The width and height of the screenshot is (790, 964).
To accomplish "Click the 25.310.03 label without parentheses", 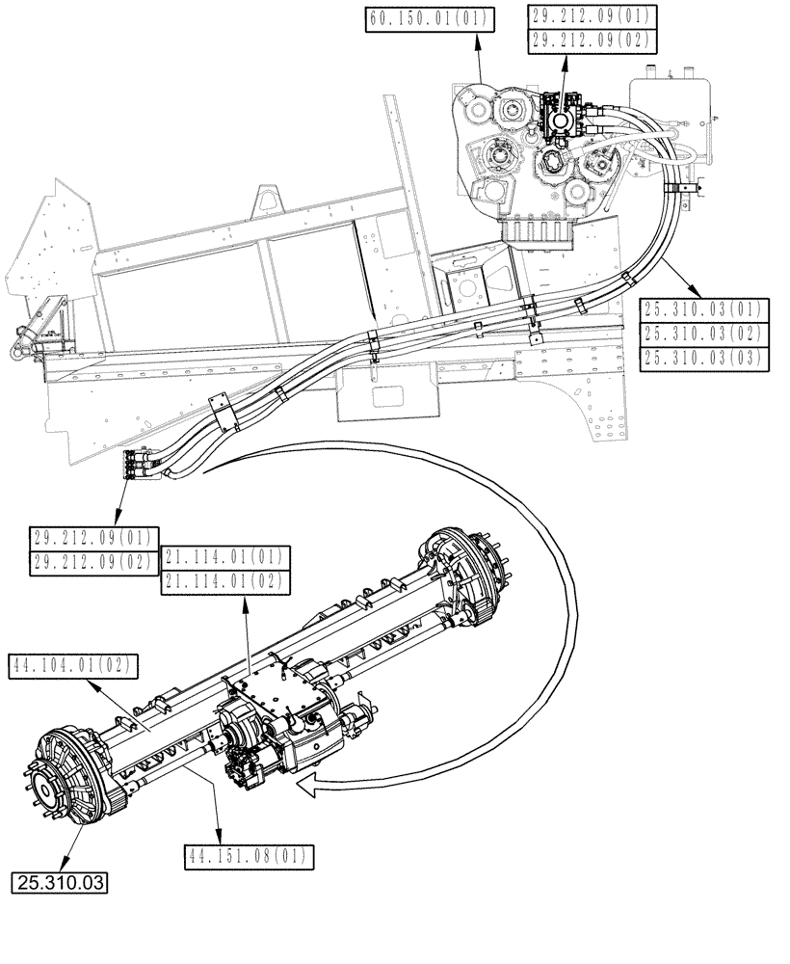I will pos(60,881).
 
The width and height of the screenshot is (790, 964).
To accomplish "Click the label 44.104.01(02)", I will pos(73,664).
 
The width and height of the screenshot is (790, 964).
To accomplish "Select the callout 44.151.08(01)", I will pos(249,854).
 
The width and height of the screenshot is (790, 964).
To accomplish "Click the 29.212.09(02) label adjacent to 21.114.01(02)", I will pos(92,563).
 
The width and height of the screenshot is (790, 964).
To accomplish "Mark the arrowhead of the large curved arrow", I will pos(306,790).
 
